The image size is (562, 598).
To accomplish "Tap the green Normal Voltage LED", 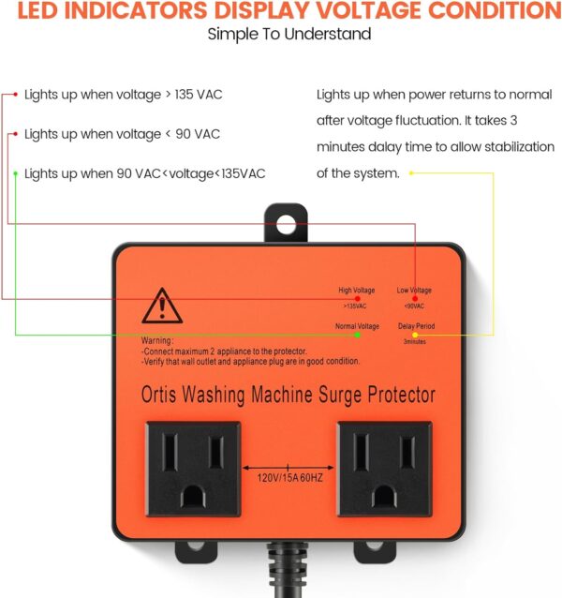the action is pos(358,335).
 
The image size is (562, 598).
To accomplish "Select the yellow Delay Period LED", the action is pos(415,335).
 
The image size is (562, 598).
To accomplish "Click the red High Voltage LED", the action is pos(358,299).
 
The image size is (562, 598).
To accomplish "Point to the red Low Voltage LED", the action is pos(415,299).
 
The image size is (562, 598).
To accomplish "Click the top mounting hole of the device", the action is pos(286,224).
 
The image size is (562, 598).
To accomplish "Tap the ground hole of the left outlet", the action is pos(193,496).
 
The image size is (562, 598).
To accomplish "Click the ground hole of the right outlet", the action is pos(384,496).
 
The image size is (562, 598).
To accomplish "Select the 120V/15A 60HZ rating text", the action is pos(290,478).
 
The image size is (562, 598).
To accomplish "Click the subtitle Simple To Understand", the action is pos(289,34).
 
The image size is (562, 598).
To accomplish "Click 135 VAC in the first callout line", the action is pos(199,95).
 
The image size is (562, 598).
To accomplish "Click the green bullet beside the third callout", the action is pos(16,173).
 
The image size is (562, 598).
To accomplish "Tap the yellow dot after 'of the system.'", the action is pos(411,173).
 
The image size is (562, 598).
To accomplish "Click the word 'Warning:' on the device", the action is pos(157,340).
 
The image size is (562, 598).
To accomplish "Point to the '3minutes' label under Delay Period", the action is pos(415,342).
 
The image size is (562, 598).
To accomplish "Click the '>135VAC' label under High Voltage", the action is pos(355,306).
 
